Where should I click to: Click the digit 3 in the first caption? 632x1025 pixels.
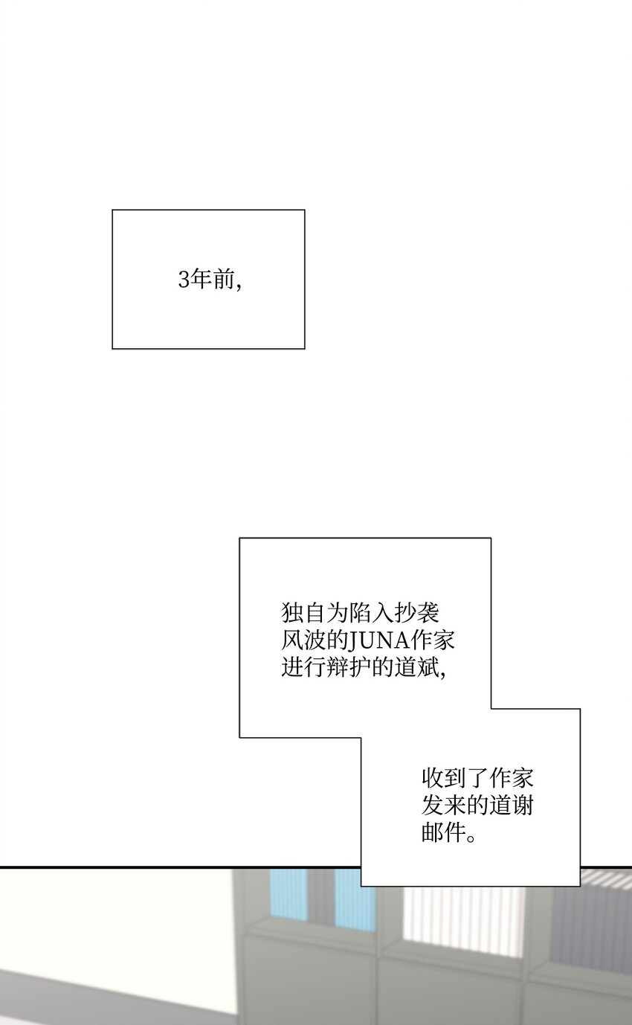[x=184, y=280]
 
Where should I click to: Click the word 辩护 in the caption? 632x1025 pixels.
[x=349, y=668]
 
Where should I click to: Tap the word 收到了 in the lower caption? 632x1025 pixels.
[x=455, y=778]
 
